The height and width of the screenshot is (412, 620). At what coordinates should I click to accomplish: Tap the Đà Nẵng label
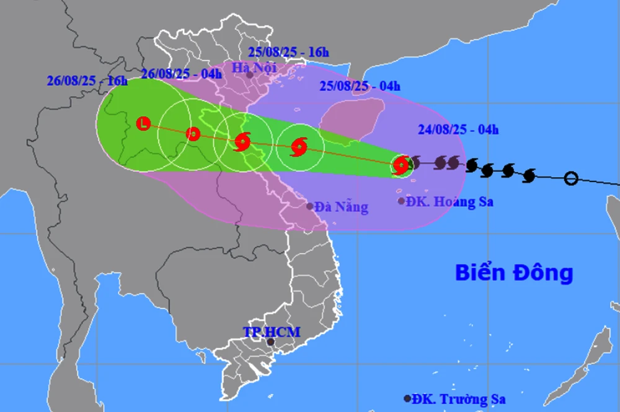click(341, 207)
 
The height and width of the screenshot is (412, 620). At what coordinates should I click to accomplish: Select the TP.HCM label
click(271, 332)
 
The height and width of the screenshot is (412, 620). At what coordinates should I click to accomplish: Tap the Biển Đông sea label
click(514, 272)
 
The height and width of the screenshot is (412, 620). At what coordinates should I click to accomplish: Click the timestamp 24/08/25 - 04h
click(458, 129)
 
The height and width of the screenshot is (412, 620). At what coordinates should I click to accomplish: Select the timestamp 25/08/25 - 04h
click(360, 86)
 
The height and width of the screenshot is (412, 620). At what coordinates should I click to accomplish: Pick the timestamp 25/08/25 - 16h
click(288, 52)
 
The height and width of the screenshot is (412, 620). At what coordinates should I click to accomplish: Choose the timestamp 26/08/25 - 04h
click(181, 74)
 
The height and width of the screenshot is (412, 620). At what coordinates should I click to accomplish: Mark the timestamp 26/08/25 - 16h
click(87, 81)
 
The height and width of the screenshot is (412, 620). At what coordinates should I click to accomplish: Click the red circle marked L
click(143, 123)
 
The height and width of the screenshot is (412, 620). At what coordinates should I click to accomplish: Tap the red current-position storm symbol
click(401, 165)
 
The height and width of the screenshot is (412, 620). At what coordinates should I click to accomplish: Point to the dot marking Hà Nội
click(249, 75)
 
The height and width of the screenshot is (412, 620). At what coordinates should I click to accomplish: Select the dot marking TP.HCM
click(270, 342)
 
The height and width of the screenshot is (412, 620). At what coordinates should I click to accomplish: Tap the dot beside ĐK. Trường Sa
click(407, 399)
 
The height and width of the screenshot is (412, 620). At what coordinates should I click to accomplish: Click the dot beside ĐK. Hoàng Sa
click(402, 201)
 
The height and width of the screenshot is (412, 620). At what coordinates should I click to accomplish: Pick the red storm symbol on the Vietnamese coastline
click(242, 142)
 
